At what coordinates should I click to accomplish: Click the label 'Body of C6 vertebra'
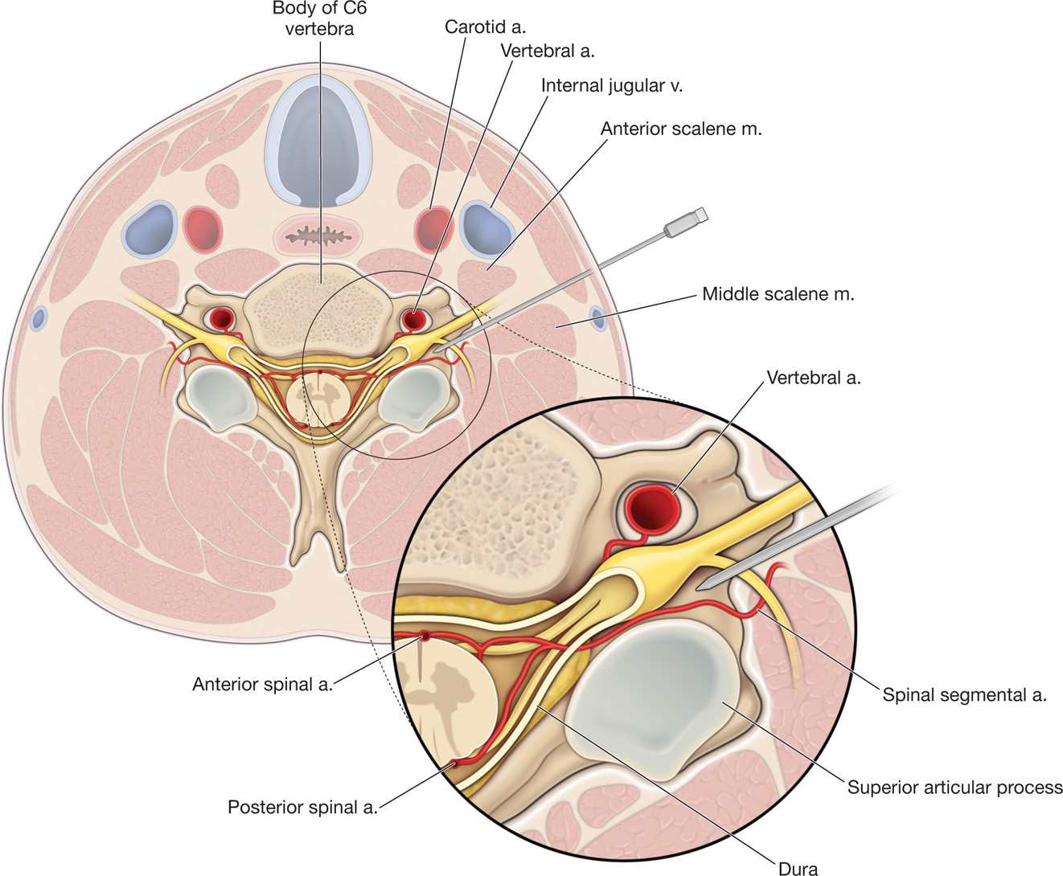(314, 18)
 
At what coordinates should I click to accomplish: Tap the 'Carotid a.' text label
(485, 27)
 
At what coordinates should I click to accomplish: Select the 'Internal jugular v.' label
(611, 85)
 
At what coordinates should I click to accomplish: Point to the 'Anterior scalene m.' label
(680, 129)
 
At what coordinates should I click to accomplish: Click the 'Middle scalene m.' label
(778, 294)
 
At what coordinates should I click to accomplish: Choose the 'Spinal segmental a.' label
(964, 695)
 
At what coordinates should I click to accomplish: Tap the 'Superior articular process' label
(954, 787)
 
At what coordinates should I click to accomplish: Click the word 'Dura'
(798, 867)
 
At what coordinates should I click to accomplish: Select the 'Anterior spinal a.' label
(262, 684)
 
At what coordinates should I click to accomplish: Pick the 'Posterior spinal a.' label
(302, 806)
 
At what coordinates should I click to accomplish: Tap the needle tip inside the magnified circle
(702, 587)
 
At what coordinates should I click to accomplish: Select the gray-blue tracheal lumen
(320, 145)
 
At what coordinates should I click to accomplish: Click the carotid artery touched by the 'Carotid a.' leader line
(432, 228)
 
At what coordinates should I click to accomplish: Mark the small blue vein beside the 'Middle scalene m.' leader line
(597, 317)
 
